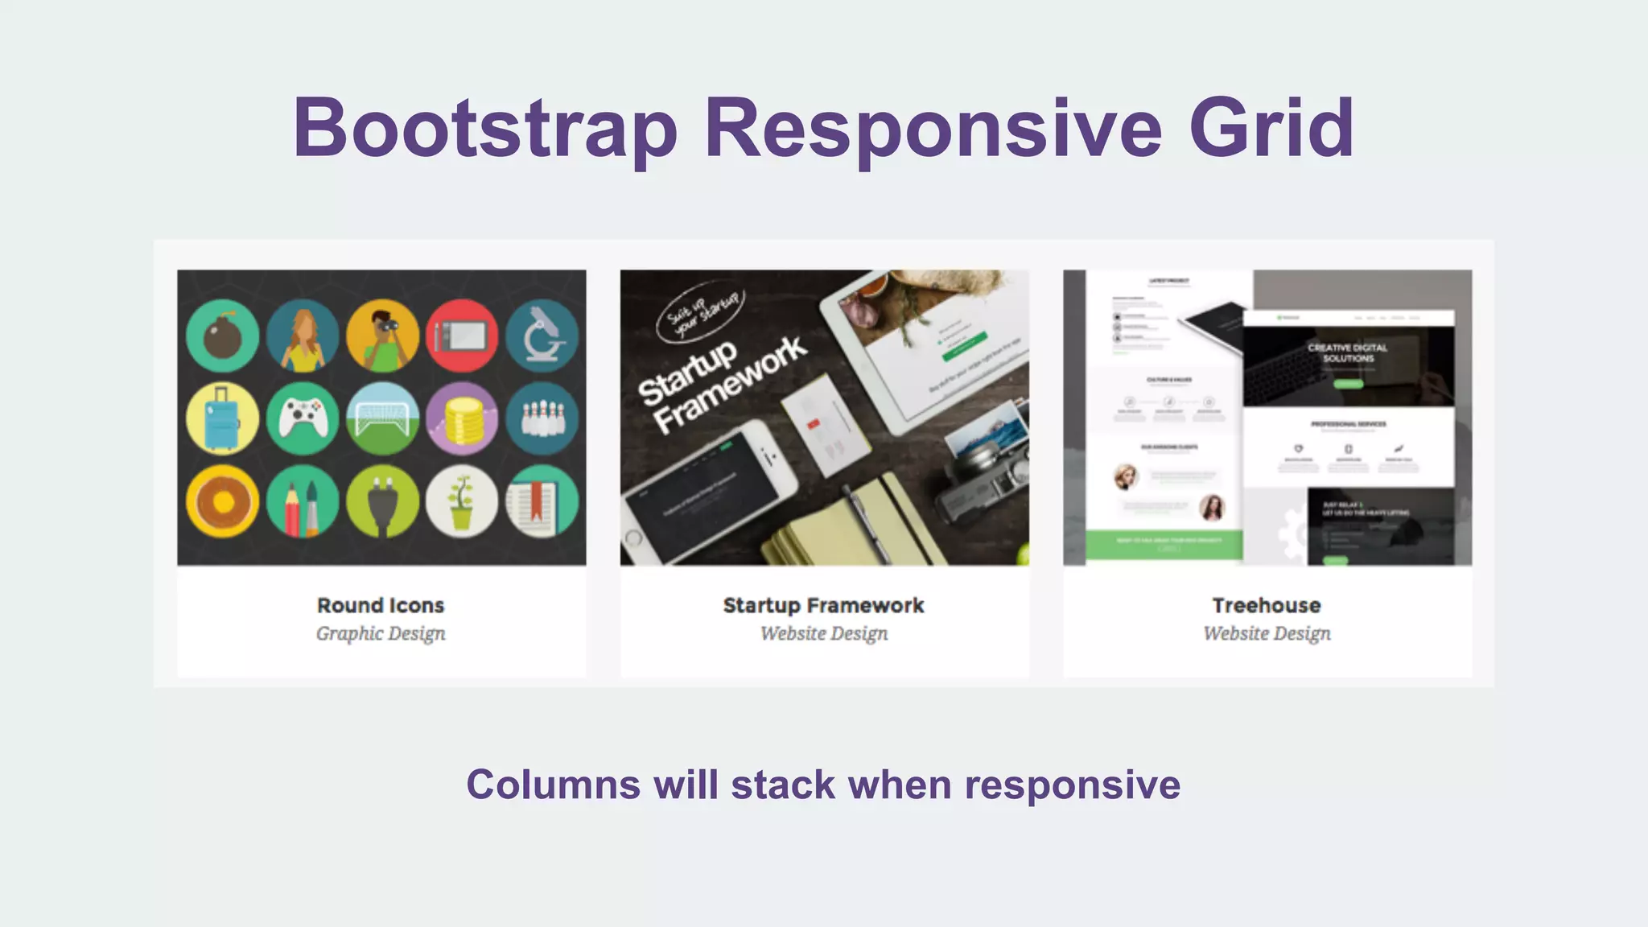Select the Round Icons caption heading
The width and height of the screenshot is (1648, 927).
coord(381,605)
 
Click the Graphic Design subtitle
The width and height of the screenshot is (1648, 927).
coord(381,633)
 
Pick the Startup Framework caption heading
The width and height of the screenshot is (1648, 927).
coord(823,605)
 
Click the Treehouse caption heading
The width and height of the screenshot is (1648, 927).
coord(1267,605)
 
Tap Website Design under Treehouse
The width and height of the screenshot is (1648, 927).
coord(1267,633)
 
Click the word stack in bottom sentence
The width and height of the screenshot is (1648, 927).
coord(783,785)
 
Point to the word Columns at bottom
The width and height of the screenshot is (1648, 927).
coord(554,785)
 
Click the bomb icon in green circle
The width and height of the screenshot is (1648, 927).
coord(222,336)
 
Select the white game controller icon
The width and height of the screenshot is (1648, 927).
coord(303,418)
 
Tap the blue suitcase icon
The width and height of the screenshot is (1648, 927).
coord(222,418)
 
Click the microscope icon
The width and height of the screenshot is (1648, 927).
coord(542,336)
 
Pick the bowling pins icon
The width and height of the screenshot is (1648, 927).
coord(542,418)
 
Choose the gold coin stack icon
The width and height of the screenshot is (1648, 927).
coord(462,418)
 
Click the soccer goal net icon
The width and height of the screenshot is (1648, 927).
coord(382,418)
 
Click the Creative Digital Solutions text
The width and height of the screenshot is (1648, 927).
coord(1347,352)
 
